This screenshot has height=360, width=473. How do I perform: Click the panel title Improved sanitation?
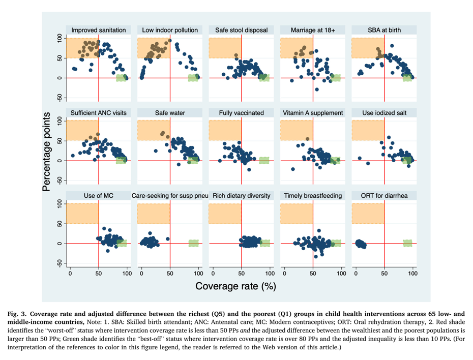pyautogui.click(x=99, y=30)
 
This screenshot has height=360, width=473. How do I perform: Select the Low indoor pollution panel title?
pyautogui.click(x=170, y=30)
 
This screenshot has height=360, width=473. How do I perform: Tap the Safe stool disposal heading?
pyautogui.click(x=241, y=30)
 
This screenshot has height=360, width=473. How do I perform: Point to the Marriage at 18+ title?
pyautogui.click(x=313, y=30)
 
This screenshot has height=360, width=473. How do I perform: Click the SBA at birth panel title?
pyautogui.click(x=384, y=30)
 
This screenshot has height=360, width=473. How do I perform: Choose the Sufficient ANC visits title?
pyautogui.click(x=99, y=112)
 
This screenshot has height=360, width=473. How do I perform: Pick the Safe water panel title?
pyautogui.click(x=170, y=112)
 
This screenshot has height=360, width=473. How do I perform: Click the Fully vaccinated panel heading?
pyautogui.click(x=241, y=112)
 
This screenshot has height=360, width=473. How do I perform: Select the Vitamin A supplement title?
pyautogui.click(x=313, y=112)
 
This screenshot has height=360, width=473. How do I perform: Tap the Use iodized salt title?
pyautogui.click(x=384, y=112)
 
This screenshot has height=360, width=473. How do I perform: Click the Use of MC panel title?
pyautogui.click(x=99, y=195)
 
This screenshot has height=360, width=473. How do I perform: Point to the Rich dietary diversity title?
pyautogui.click(x=241, y=195)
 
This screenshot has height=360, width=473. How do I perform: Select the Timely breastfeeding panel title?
pyautogui.click(x=313, y=195)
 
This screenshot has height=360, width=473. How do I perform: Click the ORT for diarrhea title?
pyautogui.click(x=384, y=195)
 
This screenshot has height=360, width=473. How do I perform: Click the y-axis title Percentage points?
pyautogui.click(x=46, y=152)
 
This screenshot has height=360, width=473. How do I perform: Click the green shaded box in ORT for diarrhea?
pyautogui.click(x=408, y=243)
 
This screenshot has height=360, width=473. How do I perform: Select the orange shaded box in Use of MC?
pyautogui.click(x=84, y=213)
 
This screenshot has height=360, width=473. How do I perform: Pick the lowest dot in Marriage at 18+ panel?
pyautogui.click(x=316, y=89)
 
